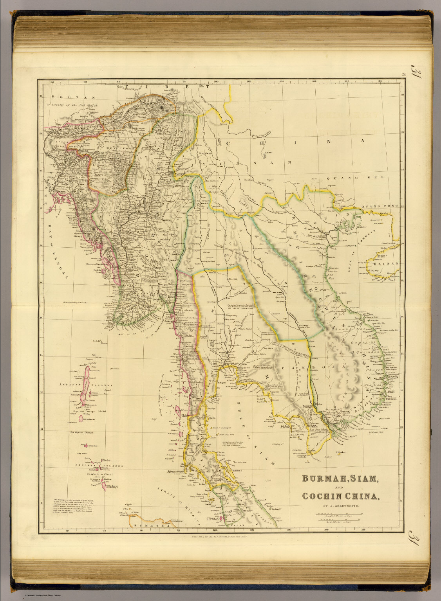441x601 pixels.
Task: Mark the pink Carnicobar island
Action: [85, 445]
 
